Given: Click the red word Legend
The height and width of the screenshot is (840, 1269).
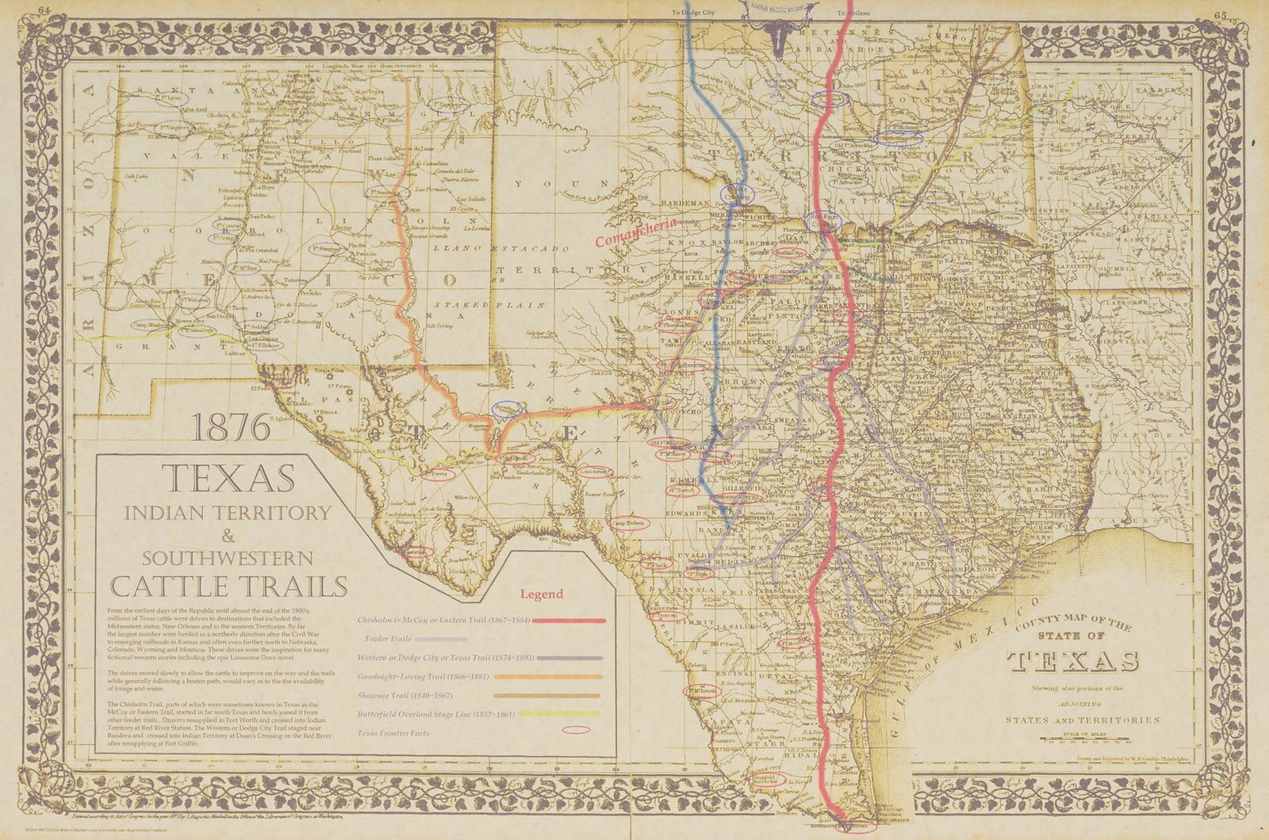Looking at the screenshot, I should (542, 594).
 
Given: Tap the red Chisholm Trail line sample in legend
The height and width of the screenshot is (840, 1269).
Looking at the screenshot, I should (568, 620).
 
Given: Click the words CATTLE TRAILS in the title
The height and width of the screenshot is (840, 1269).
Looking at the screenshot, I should (228, 586).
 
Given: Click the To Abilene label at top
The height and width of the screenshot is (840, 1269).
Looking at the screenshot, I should (853, 13).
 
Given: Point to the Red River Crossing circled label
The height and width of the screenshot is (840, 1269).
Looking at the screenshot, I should (822, 220).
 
